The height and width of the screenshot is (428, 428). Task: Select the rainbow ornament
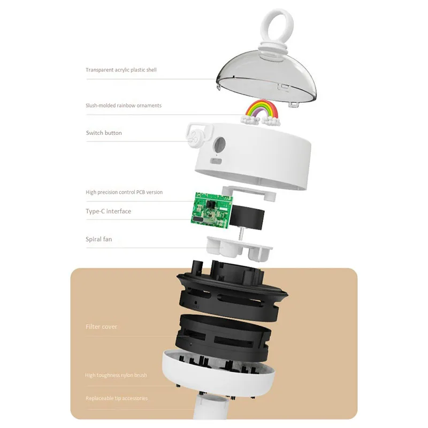262,112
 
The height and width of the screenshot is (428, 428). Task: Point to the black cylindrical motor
247,218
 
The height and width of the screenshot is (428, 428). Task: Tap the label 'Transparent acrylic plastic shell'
121,70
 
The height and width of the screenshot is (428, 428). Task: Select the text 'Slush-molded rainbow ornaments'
124,105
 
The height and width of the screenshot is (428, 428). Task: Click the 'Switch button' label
104,133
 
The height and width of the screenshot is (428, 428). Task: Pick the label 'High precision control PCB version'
124,192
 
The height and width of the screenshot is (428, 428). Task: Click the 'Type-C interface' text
109,211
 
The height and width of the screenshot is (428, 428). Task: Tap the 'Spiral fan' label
99,239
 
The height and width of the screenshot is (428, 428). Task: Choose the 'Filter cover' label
101,327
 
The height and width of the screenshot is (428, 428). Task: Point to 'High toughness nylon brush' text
116,375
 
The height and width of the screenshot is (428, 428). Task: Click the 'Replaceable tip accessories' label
117,398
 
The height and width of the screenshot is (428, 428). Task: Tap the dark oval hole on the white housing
219,144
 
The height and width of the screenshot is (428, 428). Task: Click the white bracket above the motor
249,192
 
